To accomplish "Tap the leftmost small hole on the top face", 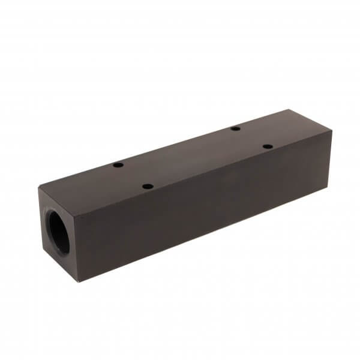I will (118, 164).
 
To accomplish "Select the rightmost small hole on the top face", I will (268, 146).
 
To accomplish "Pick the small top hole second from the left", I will (148, 186).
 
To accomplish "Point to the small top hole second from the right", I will (236, 128).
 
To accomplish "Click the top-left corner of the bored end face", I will (39, 188).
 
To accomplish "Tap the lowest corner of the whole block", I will (78, 281).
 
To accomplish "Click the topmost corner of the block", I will (289, 110).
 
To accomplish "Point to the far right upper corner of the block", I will (332, 131).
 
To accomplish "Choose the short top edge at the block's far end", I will (311, 121).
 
